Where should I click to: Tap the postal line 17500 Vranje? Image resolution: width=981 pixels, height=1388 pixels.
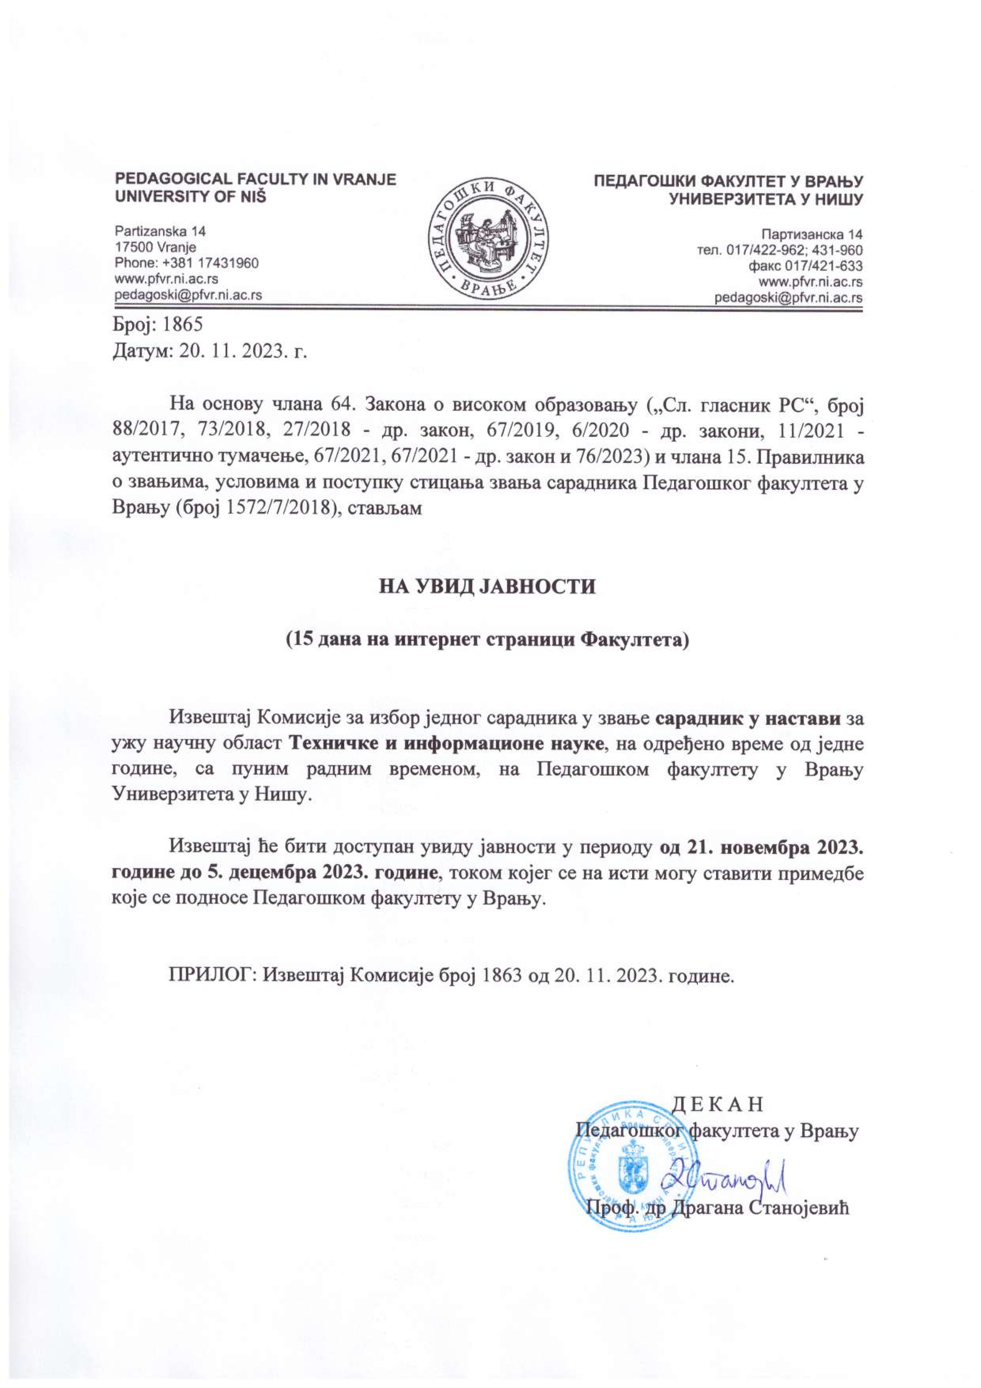coord(155,247)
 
